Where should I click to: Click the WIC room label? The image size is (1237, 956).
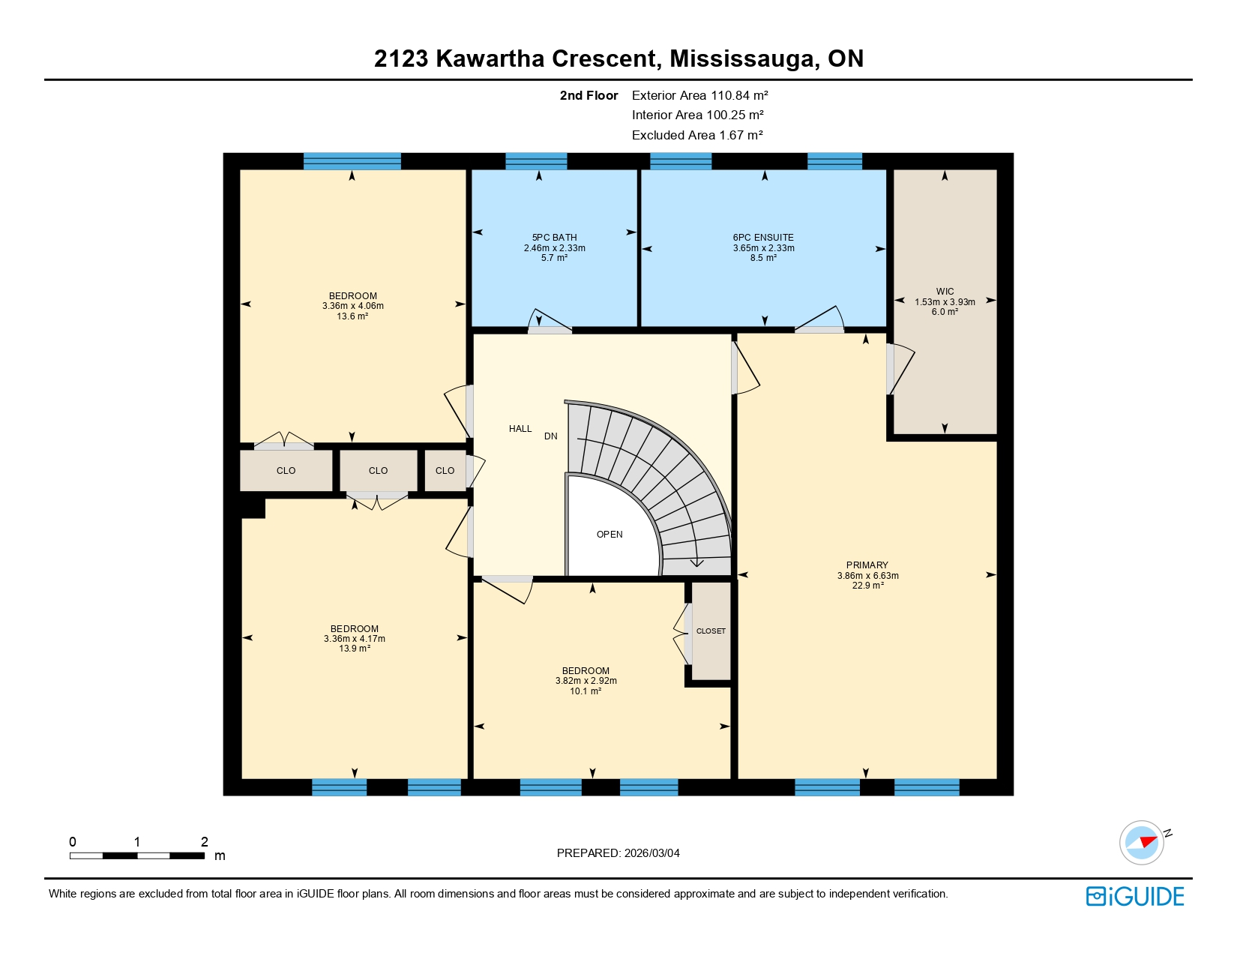(x=945, y=292)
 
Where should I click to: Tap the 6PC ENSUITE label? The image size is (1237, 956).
(x=763, y=238)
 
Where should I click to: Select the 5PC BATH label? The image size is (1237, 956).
(x=554, y=238)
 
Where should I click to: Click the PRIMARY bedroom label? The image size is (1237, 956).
(x=867, y=565)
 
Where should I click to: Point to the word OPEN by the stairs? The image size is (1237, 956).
(x=610, y=535)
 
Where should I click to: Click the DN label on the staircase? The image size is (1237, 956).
(x=551, y=436)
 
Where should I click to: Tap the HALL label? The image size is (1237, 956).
(x=520, y=429)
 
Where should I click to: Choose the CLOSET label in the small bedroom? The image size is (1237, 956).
(x=711, y=631)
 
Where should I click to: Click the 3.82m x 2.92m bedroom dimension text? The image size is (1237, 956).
(x=586, y=681)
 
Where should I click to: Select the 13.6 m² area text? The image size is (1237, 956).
(x=352, y=316)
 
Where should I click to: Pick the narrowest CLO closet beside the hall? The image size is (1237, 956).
(x=445, y=471)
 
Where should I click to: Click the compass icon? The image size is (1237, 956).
(x=1142, y=842)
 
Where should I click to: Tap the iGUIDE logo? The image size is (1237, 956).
(x=1135, y=897)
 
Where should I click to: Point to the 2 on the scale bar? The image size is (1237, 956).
(x=205, y=842)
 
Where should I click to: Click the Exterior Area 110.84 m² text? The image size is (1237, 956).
(x=699, y=95)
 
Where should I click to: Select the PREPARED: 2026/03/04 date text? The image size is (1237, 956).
(x=618, y=853)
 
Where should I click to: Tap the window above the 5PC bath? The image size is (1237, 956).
(x=536, y=161)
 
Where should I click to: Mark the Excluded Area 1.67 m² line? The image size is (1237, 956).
(x=697, y=135)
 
